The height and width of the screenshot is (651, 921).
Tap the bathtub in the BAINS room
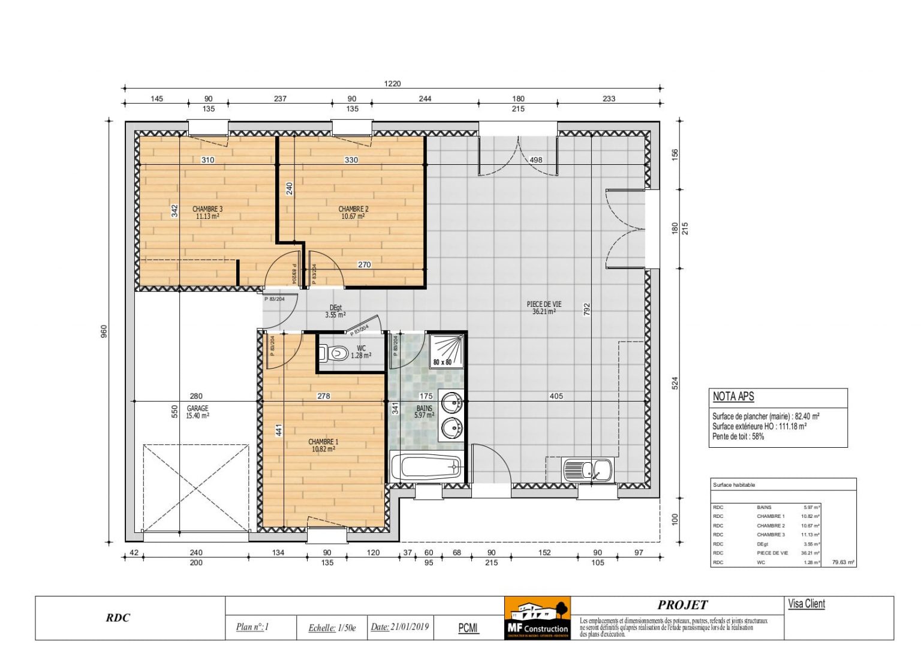click(426, 466)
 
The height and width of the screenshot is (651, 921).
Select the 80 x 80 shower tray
click(446, 351)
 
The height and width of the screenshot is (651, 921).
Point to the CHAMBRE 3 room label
click(207, 213)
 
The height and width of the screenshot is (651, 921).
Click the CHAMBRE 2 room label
click(353, 213)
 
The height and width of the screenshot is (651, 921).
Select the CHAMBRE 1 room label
click(323, 445)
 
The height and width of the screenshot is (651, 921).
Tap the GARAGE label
click(197, 412)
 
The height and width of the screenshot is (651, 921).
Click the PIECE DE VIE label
click(544, 308)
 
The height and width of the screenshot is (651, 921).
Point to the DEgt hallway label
click(335, 311)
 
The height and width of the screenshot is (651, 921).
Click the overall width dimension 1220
click(392, 84)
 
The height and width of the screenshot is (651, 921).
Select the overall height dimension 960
click(104, 331)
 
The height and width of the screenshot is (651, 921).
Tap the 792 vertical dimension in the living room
click(587, 309)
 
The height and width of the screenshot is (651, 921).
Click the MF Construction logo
click(537, 618)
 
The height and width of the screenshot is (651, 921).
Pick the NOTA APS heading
click(733, 397)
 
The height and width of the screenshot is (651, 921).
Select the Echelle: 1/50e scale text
click(332, 628)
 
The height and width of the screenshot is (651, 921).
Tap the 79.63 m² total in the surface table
click(843, 563)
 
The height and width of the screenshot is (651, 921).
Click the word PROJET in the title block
click(682, 605)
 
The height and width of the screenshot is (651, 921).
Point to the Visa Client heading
click(806, 604)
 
